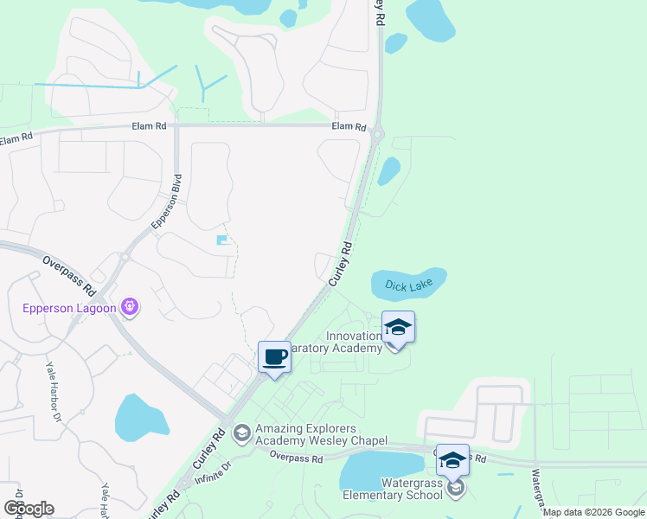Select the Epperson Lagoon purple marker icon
(131, 305)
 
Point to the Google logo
(28, 508)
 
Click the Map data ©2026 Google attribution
(593, 512)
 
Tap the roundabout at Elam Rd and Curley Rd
(376, 132)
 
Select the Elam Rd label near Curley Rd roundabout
(349, 126)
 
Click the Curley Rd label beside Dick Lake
(341, 264)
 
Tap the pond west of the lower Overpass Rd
(142, 416)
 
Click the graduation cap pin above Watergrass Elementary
(452, 459)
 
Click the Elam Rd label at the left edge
(16, 138)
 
